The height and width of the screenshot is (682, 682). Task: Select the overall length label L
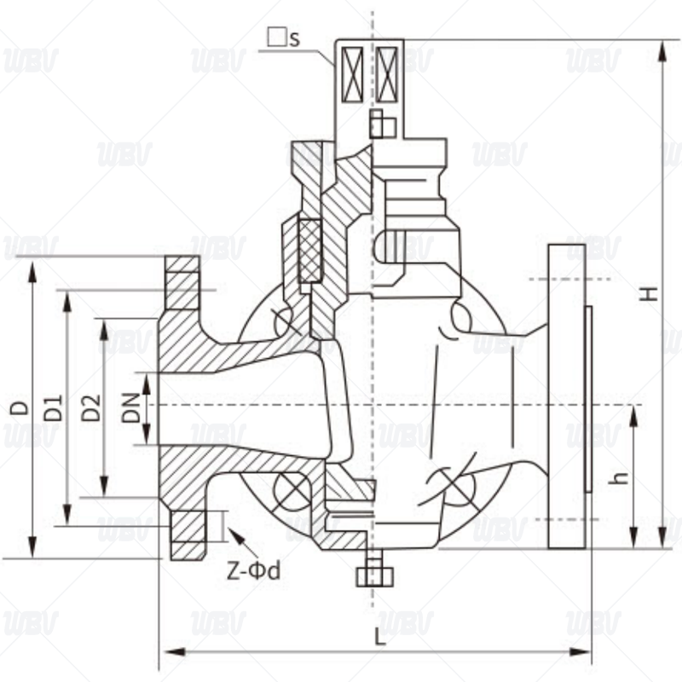[380, 637]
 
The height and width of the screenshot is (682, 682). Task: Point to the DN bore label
[131, 408]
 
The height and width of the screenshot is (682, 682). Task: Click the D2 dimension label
[91, 407]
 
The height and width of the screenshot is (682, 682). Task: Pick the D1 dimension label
[53, 407]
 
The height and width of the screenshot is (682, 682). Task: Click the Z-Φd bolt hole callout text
[253, 570]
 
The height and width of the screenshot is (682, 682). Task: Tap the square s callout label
[284, 38]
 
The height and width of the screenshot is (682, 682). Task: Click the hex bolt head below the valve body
[374, 577]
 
